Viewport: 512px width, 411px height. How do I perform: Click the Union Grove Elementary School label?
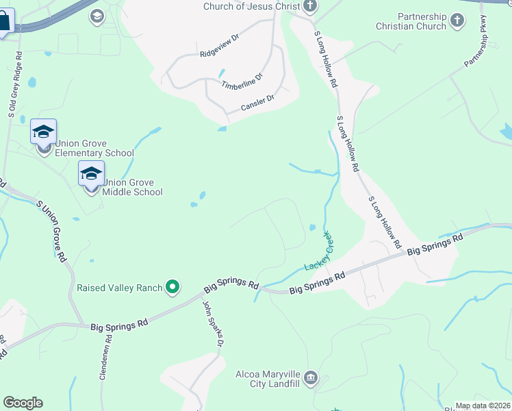tap(94, 148)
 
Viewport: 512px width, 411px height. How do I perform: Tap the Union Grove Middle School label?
tap(133, 187)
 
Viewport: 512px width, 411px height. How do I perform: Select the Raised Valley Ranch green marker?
tap(173, 287)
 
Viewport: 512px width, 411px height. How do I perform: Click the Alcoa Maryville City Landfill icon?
tap(311, 377)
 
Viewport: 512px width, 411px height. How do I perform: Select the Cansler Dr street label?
tap(257, 103)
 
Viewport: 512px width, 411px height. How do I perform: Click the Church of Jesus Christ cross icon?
tap(310, 7)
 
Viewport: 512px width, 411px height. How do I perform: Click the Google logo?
tap(23, 403)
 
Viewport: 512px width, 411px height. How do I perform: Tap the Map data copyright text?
tap(483, 406)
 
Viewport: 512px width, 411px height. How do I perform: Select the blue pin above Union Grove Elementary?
tap(43, 132)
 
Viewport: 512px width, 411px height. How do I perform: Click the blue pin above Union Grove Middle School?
tap(91, 174)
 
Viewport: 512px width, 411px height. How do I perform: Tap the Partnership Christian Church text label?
tap(411, 21)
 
